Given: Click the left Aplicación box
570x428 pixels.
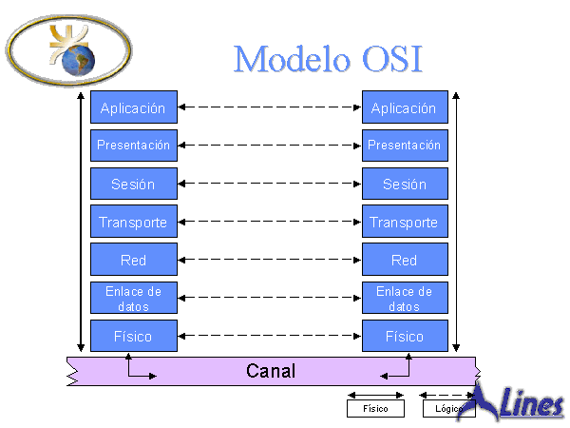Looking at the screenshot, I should [133, 107].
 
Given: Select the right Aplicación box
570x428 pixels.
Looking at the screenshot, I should [404, 107].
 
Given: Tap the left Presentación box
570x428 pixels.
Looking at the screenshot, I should [133, 146].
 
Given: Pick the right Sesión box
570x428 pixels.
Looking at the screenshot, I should [404, 184].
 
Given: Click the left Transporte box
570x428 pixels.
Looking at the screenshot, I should [133, 223].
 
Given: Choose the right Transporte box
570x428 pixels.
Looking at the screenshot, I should [404, 223].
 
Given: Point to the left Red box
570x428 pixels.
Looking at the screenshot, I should [133, 260].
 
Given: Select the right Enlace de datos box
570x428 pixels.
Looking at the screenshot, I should [404, 298].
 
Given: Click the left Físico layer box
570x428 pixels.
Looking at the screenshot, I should [133, 336].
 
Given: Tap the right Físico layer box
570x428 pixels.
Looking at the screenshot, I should [404, 336].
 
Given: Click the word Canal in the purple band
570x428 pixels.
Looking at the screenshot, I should [271, 371].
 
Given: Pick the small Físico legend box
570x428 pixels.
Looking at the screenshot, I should [375, 409].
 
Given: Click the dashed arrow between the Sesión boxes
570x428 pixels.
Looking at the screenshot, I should [269, 184].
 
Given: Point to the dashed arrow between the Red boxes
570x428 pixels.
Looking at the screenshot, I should [269, 260].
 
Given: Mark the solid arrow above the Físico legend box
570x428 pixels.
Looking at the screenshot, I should [375, 394].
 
